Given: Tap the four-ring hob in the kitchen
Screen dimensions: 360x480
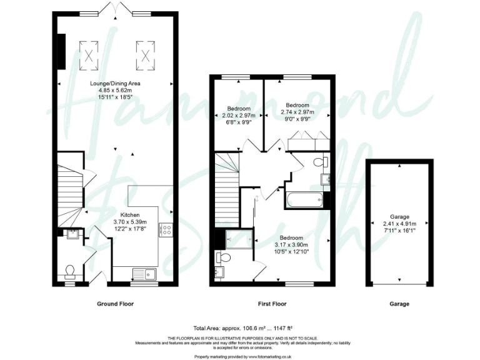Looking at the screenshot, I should (x=167, y=230).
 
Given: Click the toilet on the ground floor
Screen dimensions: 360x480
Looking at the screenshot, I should (x=71, y=269).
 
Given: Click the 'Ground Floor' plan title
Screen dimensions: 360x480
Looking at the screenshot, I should (x=115, y=304).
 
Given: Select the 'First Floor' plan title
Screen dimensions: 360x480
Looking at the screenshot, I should (x=273, y=304).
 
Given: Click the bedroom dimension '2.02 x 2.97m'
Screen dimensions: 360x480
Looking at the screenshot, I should (x=239, y=116).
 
